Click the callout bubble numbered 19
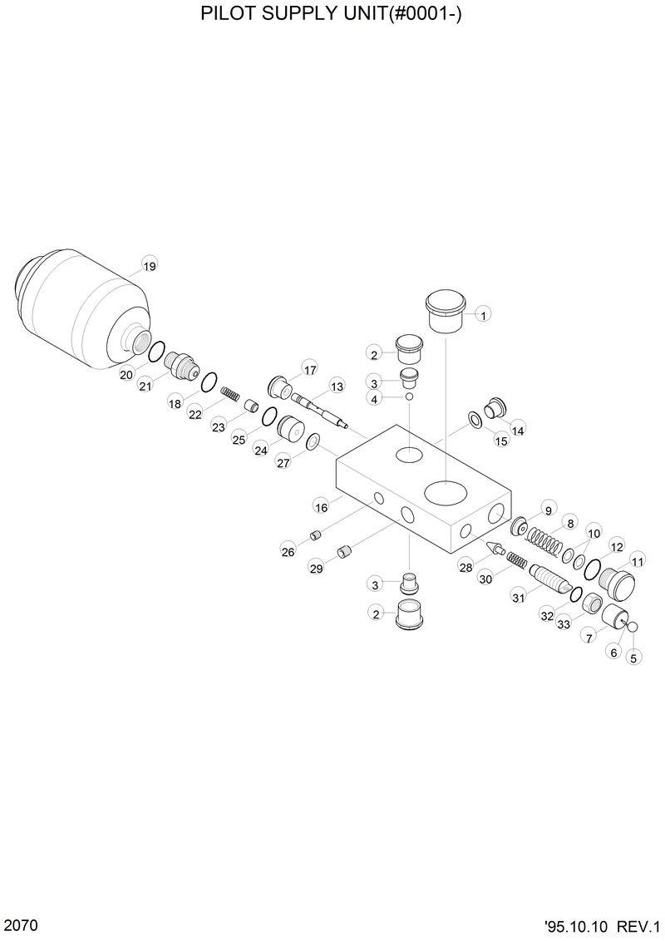[149, 266]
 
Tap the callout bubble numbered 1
[483, 314]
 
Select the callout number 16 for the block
[322, 505]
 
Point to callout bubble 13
[337, 386]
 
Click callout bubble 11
[638, 562]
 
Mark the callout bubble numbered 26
[288, 550]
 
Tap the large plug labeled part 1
[446, 312]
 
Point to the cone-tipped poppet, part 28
[495, 549]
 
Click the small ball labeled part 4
[409, 397]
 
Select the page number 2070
[20, 925]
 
